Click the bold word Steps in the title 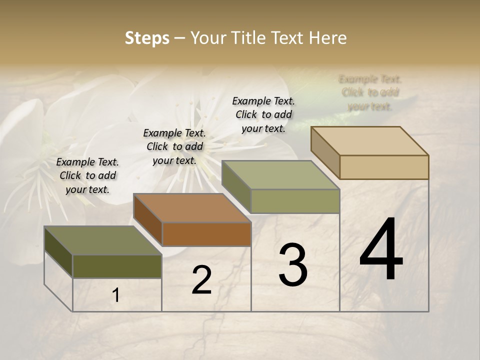(x=147, y=38)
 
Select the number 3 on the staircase (x=292, y=265)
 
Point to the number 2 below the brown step (x=201, y=280)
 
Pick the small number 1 (x=116, y=295)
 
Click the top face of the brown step (x=192, y=207)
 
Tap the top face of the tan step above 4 (x=370, y=140)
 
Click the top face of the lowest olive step (x=103, y=240)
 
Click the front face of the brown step (x=206, y=234)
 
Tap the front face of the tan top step (x=384, y=167)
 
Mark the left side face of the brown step (x=148, y=220)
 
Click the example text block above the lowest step (x=87, y=175)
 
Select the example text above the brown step (x=174, y=146)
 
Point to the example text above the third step (x=263, y=114)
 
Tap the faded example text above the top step (x=370, y=92)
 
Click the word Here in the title (x=328, y=38)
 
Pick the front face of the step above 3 (x=295, y=201)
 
